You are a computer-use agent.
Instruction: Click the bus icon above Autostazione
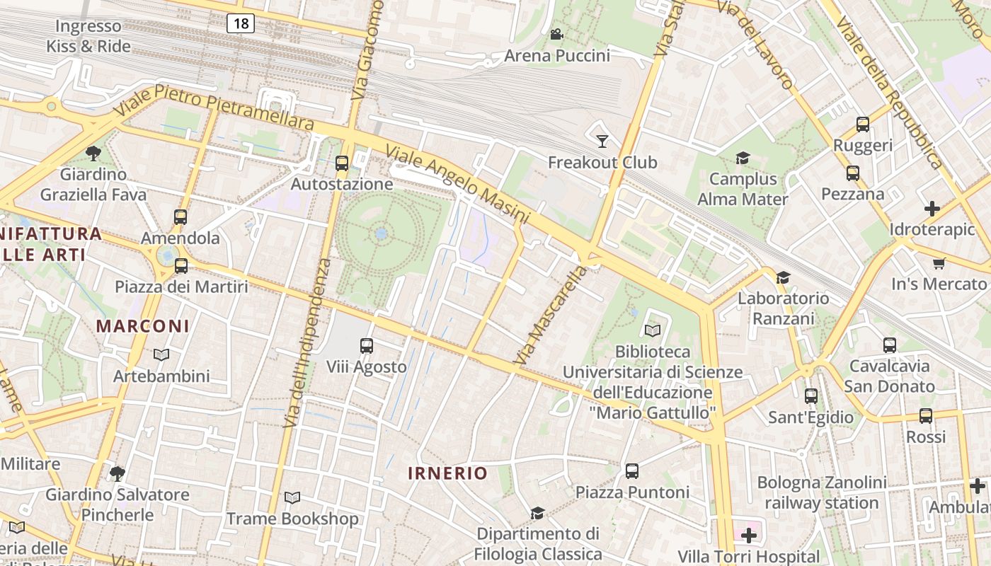pyautogui.click(x=342, y=163)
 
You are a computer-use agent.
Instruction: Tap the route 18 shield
pyautogui.click(x=241, y=23)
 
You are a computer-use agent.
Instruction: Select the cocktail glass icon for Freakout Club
pyautogui.click(x=602, y=141)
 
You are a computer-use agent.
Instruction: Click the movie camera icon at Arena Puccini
pyautogui.click(x=556, y=35)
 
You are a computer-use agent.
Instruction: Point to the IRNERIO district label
pyautogui.click(x=447, y=473)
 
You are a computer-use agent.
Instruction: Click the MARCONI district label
pyautogui.click(x=143, y=326)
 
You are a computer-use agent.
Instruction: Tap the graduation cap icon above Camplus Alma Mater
pyautogui.click(x=743, y=158)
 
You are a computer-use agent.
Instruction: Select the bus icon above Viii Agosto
pyautogui.click(x=366, y=346)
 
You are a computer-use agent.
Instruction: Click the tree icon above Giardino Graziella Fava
pyautogui.click(x=93, y=153)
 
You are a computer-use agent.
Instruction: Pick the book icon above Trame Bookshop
pyautogui.click(x=292, y=498)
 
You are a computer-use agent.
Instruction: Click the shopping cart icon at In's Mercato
pyautogui.click(x=939, y=263)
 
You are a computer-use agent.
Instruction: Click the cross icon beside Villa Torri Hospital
pyautogui.click(x=748, y=536)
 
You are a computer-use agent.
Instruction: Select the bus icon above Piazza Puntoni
pyautogui.click(x=631, y=470)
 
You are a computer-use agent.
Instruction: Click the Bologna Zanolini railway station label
pyautogui.click(x=821, y=493)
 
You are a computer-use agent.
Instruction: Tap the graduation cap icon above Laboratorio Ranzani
pyautogui.click(x=783, y=277)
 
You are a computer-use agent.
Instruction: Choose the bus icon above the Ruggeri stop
pyautogui.click(x=862, y=125)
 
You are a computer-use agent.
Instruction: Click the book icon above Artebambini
pyautogui.click(x=161, y=354)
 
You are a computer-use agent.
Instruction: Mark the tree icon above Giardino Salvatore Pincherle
pyautogui.click(x=118, y=473)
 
